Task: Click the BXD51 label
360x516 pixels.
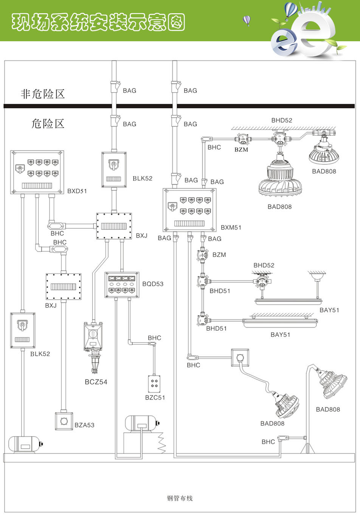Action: click(x=77, y=191)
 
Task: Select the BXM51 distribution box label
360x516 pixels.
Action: click(x=231, y=227)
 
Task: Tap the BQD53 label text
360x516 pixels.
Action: click(x=153, y=284)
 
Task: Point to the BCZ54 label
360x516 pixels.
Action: click(x=96, y=382)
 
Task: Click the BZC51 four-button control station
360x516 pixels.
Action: click(x=154, y=384)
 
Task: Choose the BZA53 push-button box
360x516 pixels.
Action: click(x=64, y=421)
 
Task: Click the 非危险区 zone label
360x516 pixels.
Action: click(x=42, y=94)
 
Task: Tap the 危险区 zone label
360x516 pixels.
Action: click(x=48, y=123)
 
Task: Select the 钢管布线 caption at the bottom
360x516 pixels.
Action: click(x=180, y=498)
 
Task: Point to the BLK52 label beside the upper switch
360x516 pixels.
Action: click(x=142, y=178)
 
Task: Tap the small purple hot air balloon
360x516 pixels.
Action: click(x=247, y=20)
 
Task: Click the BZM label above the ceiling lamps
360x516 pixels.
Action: click(x=241, y=149)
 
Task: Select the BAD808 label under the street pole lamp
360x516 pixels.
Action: click(x=327, y=409)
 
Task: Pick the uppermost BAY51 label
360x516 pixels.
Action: click(x=329, y=310)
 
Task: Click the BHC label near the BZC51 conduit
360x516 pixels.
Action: click(x=154, y=338)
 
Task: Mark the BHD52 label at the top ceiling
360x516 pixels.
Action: click(x=281, y=120)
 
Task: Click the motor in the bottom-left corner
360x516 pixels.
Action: click(x=25, y=444)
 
